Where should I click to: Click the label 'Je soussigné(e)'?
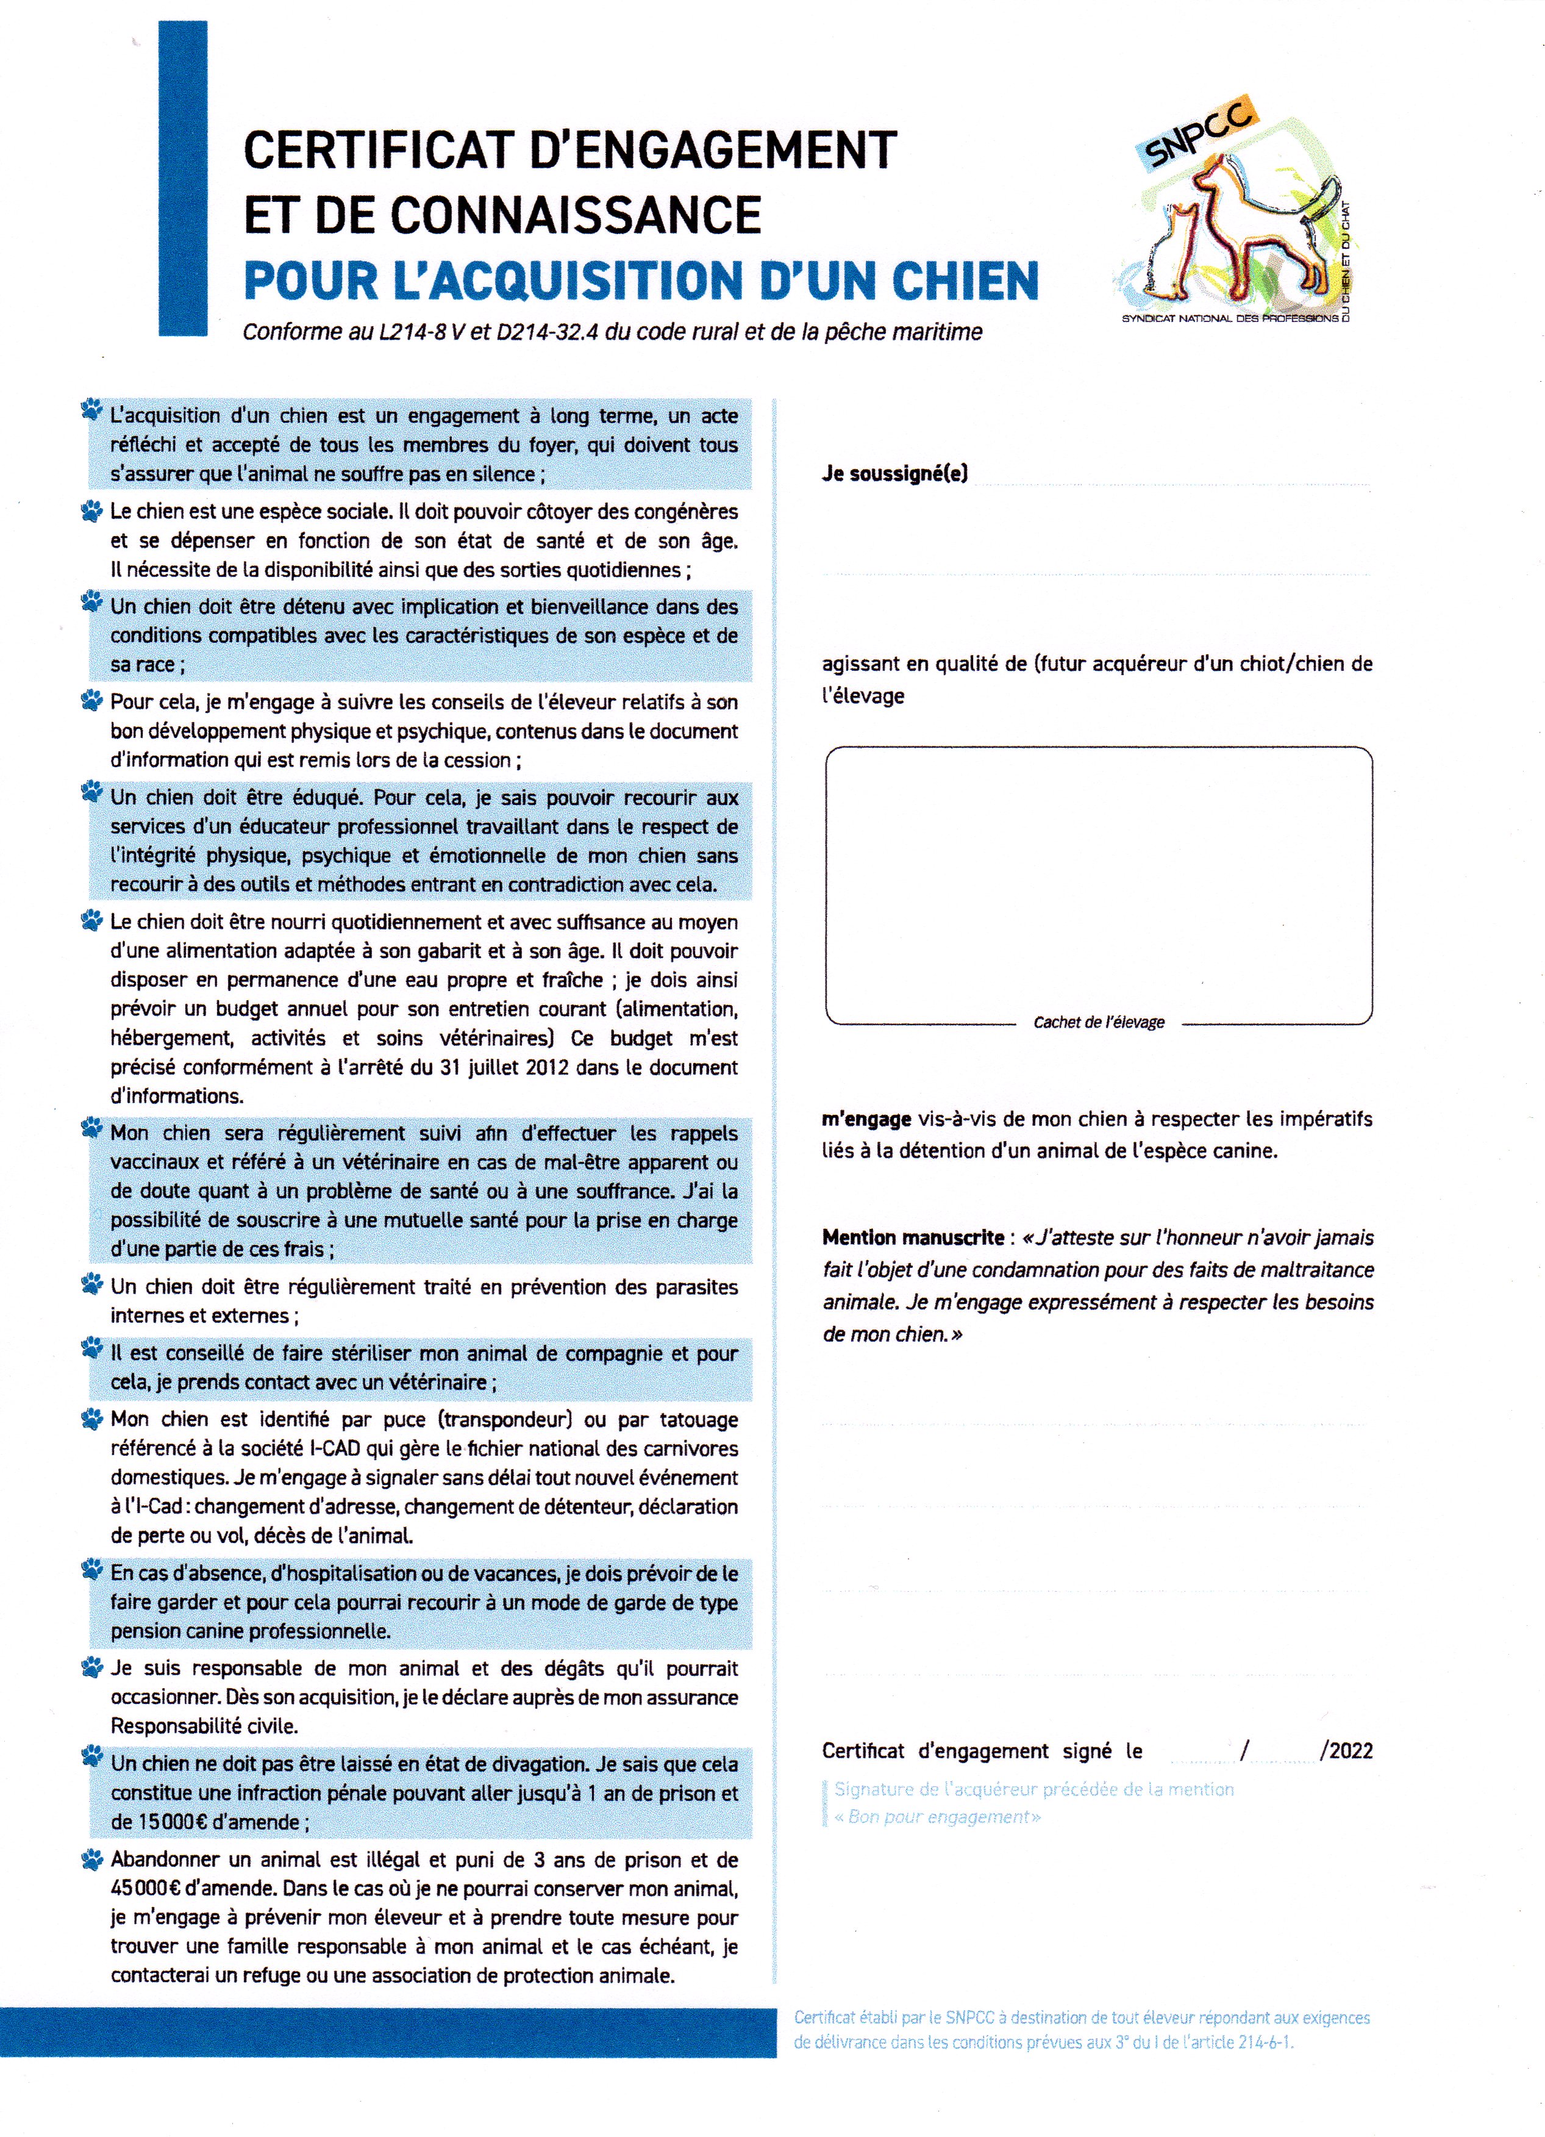point(894,474)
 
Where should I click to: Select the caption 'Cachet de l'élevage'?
point(1099,1022)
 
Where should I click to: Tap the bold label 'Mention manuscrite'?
point(912,1237)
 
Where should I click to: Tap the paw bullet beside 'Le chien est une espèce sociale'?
point(91,512)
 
